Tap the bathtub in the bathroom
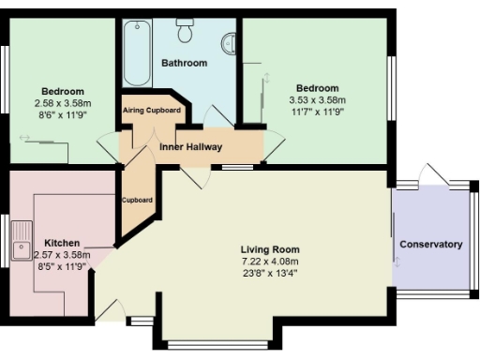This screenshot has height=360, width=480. tap(132, 52)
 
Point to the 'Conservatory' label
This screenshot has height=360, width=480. tap(431, 245)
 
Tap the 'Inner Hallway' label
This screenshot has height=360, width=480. tap(190, 147)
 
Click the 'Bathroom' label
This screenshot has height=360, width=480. tap(184, 64)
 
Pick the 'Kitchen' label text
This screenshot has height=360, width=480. tap(62, 242)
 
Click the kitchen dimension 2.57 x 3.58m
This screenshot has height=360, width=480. tap(62, 254)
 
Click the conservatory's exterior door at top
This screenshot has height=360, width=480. tap(433, 174)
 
